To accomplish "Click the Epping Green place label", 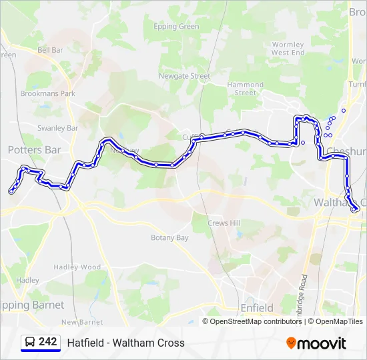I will click(176, 27).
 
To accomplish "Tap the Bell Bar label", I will click(50, 49).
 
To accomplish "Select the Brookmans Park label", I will click(47, 93).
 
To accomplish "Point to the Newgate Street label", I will click(184, 76).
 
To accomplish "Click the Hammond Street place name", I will click(246, 89).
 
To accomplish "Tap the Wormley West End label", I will click(288, 49).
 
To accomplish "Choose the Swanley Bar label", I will click(58, 127).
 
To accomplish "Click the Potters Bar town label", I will click(34, 150).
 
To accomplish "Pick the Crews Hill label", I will click(224, 223).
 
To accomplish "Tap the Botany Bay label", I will click(169, 237).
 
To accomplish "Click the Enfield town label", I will click(257, 308).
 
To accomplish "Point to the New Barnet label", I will click(81, 322).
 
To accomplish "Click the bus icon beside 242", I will click(29, 343).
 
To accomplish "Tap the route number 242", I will click(48, 342).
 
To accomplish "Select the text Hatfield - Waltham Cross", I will click(125, 343).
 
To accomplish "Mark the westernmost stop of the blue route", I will click(11, 191).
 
